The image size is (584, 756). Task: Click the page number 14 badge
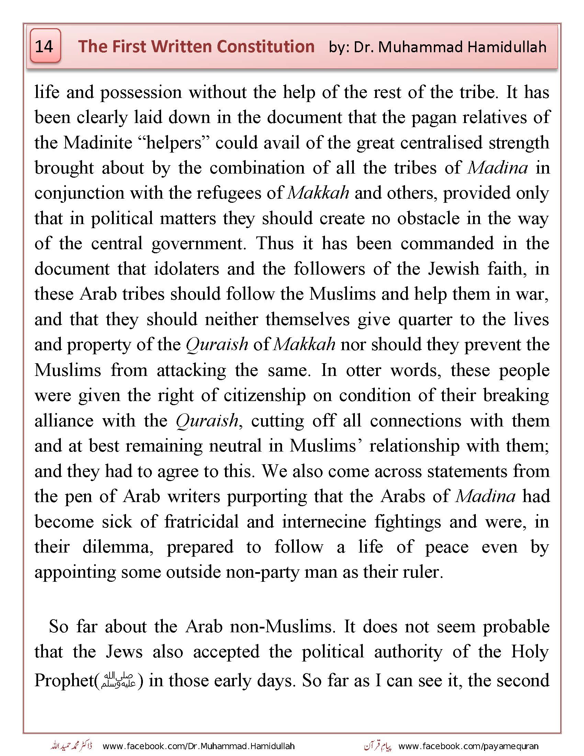click(x=45, y=46)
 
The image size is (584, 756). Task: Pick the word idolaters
click(x=187, y=269)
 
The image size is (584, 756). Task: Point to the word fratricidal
click(x=201, y=522)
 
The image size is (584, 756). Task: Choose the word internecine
click(x=324, y=522)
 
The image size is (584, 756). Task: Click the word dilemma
click(x=117, y=547)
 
